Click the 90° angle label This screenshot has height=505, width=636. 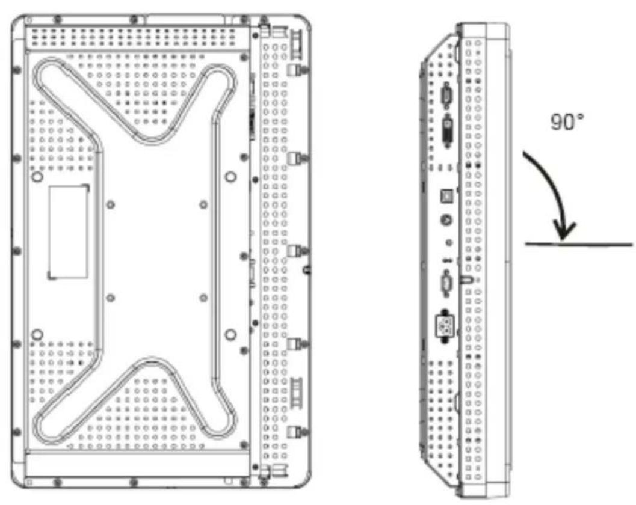point(567,121)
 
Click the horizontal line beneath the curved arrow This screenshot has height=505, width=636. point(579,244)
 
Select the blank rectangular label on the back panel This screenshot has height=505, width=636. point(68,232)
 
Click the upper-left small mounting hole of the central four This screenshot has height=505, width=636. point(110,204)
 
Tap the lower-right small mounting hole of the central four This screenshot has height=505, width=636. point(203,298)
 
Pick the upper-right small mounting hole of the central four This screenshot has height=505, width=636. point(203,204)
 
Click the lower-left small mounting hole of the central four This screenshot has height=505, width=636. point(110,298)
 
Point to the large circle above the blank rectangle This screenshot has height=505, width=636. point(37,177)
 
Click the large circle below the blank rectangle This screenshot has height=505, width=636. point(37,335)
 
